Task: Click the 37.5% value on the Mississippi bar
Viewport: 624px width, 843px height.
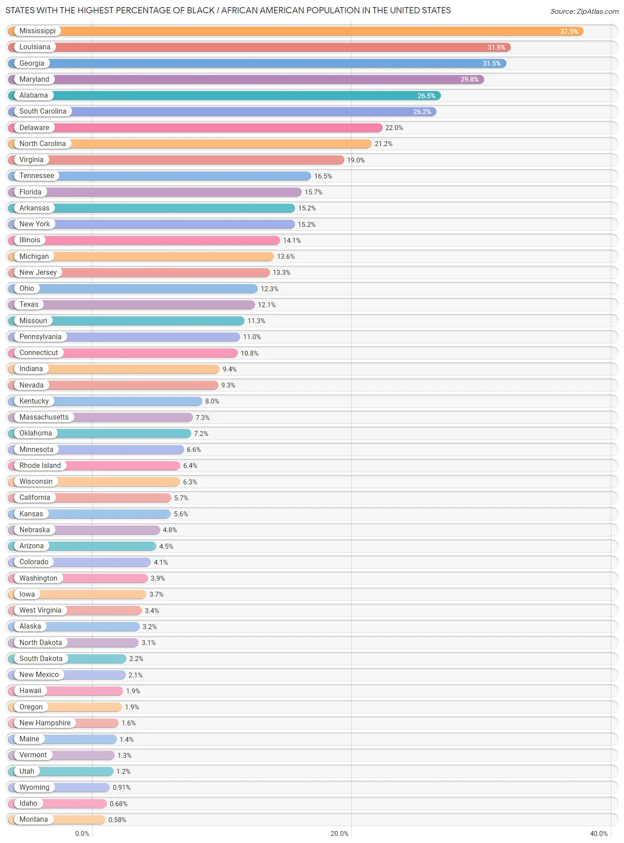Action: pos(569,32)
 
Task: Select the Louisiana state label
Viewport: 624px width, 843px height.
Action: pos(35,47)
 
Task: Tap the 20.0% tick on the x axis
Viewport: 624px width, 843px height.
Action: pos(339,834)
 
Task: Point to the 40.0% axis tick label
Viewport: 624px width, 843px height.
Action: pos(598,834)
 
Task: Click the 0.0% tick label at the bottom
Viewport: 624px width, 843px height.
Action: pos(82,834)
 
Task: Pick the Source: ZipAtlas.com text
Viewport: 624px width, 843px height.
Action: pos(584,12)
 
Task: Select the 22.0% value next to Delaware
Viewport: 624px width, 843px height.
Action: pos(394,128)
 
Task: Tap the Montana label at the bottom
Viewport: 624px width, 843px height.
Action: pos(33,819)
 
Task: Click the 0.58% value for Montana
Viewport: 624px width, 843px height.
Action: pos(117,820)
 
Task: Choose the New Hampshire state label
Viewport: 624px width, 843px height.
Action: pos(45,723)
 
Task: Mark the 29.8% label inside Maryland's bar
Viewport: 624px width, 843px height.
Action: pos(469,79)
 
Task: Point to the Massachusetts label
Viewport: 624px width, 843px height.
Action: pos(44,417)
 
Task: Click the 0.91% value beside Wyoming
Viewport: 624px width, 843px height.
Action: pos(121,788)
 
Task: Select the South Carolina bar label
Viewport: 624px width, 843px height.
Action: pos(43,111)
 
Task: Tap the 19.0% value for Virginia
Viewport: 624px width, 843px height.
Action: pos(355,160)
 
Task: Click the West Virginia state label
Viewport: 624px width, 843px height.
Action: pos(40,610)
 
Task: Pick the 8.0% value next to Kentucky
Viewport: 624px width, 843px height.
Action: pos(212,401)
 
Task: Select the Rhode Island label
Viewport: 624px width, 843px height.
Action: pos(40,466)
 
